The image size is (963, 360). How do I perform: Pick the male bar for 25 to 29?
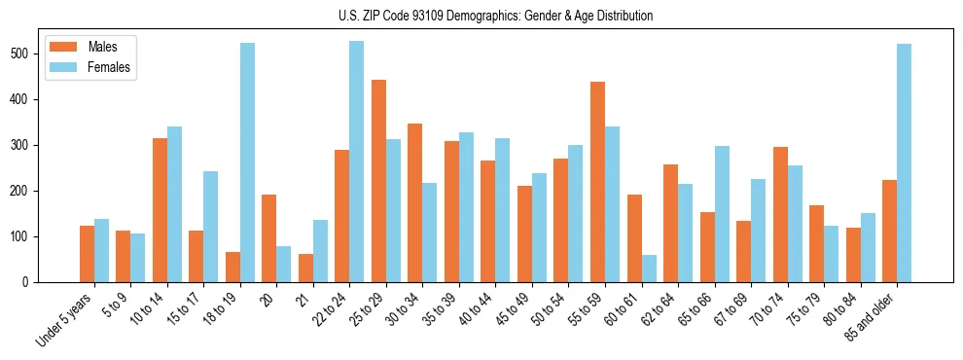click(x=378, y=181)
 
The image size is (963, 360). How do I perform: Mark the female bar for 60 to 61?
click(x=649, y=269)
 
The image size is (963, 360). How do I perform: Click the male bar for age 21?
click(x=305, y=268)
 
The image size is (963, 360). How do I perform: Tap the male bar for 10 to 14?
click(x=160, y=210)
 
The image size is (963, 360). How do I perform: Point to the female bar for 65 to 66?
click(x=722, y=214)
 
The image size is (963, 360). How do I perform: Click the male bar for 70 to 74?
click(x=780, y=214)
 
